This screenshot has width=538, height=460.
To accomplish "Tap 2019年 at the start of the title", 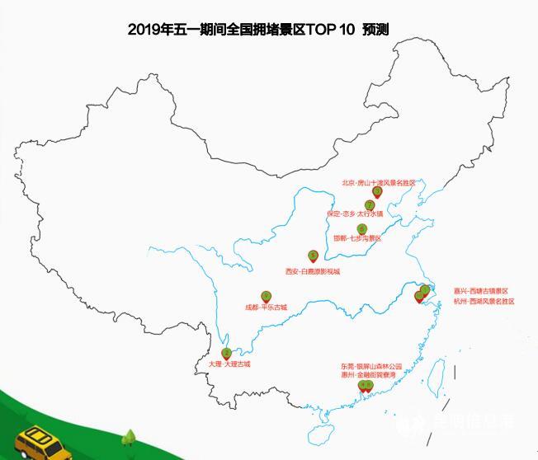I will [x=149, y=30].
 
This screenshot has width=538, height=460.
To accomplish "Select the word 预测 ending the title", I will [x=375, y=30].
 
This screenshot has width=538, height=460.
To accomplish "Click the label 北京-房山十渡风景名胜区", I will [x=379, y=182].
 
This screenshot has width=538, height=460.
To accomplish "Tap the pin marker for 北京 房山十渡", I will [x=377, y=192].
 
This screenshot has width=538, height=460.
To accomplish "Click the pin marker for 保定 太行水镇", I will [x=370, y=206].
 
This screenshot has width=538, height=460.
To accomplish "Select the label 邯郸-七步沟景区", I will [x=358, y=239].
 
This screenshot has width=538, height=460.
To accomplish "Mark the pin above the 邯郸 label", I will [x=361, y=230].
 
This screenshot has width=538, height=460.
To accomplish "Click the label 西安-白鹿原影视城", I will [x=312, y=271].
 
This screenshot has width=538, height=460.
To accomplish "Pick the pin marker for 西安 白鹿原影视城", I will [x=313, y=256].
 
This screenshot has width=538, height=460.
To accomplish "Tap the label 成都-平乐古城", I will [x=266, y=307].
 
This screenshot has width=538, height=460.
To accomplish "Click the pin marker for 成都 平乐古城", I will [x=266, y=297].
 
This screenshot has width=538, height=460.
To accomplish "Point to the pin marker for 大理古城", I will [x=227, y=354].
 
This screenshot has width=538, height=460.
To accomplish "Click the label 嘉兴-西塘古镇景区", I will [x=480, y=291].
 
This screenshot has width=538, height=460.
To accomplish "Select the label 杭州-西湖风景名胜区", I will [x=484, y=302].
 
